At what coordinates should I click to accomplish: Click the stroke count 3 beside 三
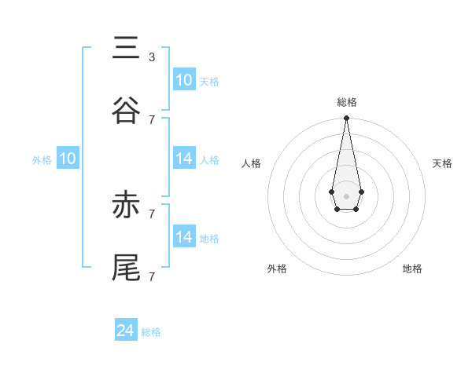tap(151, 57)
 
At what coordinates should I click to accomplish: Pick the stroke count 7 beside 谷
tap(151, 119)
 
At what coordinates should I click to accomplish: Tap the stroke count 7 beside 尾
tap(151, 276)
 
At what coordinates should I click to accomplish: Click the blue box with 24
tap(126, 331)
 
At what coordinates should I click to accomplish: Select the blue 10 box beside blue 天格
tap(184, 80)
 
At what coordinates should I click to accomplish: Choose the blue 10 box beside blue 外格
tap(68, 159)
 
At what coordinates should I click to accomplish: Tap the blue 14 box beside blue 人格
tap(184, 159)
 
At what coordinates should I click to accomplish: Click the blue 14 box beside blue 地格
tap(184, 236)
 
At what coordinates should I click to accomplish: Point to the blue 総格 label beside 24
tap(151, 332)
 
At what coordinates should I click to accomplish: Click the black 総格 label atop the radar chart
tap(346, 102)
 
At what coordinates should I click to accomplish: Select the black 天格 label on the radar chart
tap(442, 163)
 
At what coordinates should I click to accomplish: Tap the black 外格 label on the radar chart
tap(277, 269)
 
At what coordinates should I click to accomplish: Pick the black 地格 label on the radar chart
tap(412, 269)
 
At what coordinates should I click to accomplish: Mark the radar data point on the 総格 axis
tap(346, 119)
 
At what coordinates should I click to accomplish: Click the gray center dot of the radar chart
tap(346, 195)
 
